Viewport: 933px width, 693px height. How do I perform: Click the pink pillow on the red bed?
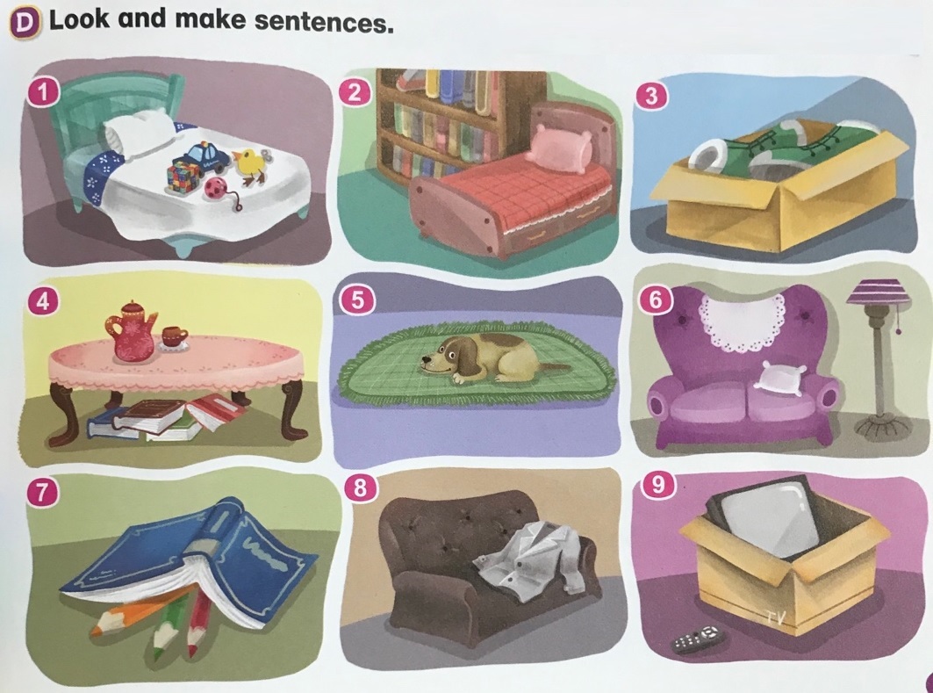559,148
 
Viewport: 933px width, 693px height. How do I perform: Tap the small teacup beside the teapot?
174,337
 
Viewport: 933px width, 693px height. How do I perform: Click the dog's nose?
424,359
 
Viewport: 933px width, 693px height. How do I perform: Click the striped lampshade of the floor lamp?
879,295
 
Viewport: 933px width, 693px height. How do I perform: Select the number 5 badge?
357,300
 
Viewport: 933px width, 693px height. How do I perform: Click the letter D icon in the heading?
25,23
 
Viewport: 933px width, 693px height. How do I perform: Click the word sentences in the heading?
323,22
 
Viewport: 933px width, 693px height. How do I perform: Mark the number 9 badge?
658,485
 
